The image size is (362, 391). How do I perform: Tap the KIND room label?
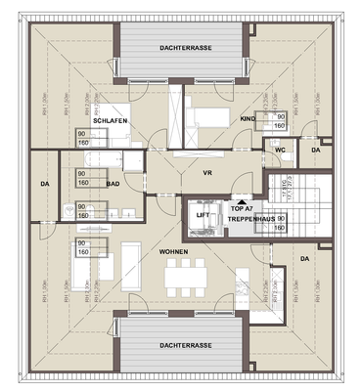point(247,118)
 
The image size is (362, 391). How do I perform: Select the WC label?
point(280,150)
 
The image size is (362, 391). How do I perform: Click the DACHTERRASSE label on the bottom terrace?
point(182,345)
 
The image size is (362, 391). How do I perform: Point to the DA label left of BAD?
point(45,183)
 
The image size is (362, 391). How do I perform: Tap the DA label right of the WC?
point(315,150)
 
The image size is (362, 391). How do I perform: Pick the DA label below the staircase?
point(304,258)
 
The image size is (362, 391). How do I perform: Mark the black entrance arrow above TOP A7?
point(241,198)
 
